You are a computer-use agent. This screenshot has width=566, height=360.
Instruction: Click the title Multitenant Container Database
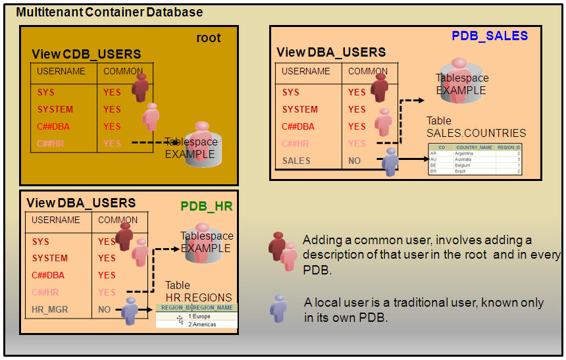click(x=109, y=13)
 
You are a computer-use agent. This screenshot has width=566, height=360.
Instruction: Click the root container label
click(x=209, y=38)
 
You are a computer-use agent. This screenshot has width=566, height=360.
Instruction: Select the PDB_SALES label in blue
click(x=489, y=36)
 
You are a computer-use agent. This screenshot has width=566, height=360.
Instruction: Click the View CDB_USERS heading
click(x=86, y=54)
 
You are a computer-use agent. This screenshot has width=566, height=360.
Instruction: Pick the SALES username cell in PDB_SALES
click(x=296, y=161)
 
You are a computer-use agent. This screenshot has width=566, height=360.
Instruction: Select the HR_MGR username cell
click(x=50, y=309)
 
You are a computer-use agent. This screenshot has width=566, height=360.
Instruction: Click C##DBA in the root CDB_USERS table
click(x=51, y=126)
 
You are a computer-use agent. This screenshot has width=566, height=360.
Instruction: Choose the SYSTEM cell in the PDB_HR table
click(x=50, y=258)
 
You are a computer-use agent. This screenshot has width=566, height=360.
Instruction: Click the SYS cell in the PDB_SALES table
click(x=290, y=92)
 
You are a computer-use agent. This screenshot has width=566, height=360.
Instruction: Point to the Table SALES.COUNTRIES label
click(x=476, y=127)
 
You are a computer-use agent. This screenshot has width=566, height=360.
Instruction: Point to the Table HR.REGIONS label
click(x=198, y=292)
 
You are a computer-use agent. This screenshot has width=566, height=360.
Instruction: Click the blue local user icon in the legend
click(x=278, y=307)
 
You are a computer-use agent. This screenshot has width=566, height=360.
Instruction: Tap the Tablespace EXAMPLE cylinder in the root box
click(x=201, y=143)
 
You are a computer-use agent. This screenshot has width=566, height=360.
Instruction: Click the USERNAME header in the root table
click(x=61, y=71)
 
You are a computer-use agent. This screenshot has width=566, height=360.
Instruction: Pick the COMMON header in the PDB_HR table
click(x=118, y=220)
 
